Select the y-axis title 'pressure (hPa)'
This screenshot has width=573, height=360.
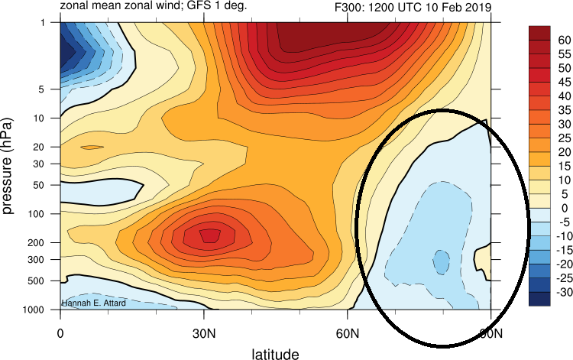coord(9,165)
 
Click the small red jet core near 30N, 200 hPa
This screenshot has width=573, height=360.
coord(209,235)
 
